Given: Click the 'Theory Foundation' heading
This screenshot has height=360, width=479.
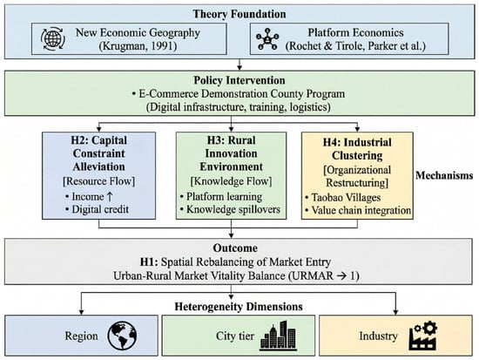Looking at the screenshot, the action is [x=239, y=14].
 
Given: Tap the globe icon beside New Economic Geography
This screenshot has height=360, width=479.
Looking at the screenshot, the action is [x=53, y=39].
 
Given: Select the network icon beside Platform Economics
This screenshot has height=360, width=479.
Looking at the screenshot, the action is [x=267, y=39].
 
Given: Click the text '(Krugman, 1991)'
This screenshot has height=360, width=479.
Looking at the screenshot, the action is [x=138, y=46].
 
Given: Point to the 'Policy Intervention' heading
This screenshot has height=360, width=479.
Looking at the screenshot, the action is [x=239, y=80].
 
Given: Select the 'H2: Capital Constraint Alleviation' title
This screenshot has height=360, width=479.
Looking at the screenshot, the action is [x=99, y=153].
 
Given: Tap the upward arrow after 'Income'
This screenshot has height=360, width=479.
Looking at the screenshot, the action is [x=110, y=197].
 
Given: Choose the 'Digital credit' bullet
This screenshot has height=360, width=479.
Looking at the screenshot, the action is [x=97, y=209].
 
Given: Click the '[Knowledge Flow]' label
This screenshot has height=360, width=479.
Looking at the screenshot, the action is [x=231, y=181].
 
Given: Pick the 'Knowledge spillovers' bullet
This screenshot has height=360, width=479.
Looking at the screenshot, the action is [x=230, y=209].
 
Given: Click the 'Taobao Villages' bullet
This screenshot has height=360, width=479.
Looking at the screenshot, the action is [x=343, y=198].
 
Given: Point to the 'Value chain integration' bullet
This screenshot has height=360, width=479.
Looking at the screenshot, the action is [x=358, y=210].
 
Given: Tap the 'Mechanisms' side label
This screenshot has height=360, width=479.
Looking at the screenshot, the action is [x=444, y=175].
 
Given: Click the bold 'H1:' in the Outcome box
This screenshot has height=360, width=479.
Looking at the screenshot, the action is [x=149, y=262].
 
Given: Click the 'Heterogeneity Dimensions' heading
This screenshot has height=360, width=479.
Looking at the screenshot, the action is [x=239, y=307].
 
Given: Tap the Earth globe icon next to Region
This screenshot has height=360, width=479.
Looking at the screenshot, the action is [x=122, y=336].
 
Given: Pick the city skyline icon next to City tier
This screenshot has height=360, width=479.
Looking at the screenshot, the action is [x=278, y=336].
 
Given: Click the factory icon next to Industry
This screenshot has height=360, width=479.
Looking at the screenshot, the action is [x=422, y=336].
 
